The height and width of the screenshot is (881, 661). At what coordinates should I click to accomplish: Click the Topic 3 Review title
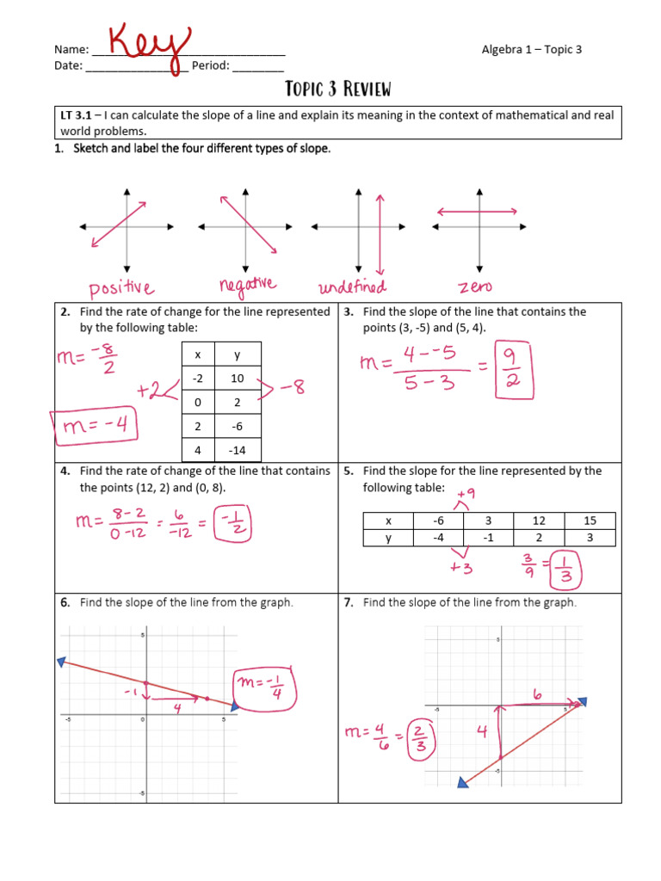point(337,89)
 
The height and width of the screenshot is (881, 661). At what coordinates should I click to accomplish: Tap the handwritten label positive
point(120,286)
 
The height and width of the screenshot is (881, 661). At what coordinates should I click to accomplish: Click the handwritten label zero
point(476,286)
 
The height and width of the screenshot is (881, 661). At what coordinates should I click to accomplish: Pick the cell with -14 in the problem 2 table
point(237,450)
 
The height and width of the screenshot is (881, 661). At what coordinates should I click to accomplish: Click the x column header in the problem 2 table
point(197,354)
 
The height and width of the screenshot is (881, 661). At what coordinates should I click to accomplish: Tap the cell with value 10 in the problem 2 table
point(237,379)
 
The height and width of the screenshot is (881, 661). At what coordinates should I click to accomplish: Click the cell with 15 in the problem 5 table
point(590,521)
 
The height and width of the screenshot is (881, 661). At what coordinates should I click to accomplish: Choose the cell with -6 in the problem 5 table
point(439,521)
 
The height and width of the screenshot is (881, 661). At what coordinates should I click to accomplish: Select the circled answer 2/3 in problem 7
point(422,736)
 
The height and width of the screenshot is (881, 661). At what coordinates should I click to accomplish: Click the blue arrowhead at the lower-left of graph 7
point(463,781)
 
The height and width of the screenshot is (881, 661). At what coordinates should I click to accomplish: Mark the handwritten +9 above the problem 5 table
point(466,493)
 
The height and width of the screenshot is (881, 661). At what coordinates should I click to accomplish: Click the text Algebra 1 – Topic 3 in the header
point(531,49)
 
